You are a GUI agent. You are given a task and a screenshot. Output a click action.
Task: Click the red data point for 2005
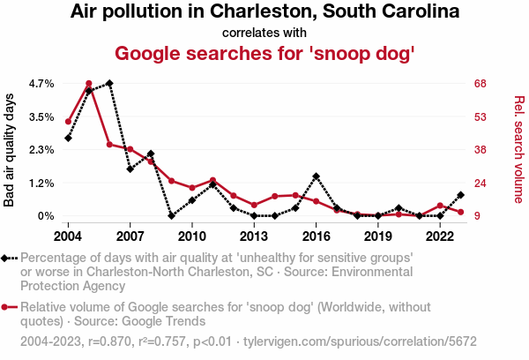point(89,84)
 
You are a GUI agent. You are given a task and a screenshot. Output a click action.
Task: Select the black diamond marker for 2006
point(109,83)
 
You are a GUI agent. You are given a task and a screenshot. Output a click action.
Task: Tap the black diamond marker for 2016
point(316,176)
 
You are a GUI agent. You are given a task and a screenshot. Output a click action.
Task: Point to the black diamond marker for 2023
point(460,195)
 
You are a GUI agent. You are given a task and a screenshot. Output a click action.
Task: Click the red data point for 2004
point(68,121)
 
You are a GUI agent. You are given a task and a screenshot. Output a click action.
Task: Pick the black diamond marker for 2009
point(171,215)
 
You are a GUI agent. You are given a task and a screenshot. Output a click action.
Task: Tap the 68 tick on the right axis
point(479,83)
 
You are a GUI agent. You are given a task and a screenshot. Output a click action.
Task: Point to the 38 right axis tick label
point(479,150)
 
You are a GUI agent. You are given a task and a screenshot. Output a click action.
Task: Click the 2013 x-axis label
point(254,236)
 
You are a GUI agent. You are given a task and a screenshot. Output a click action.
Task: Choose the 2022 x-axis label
point(439,236)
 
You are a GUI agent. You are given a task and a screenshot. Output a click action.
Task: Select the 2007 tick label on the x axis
point(130,236)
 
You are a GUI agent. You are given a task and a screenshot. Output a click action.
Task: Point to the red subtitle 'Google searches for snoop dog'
point(264,53)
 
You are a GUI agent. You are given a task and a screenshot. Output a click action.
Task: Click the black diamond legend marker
point(7,258)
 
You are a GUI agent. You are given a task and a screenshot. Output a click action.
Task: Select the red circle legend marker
point(7,308)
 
